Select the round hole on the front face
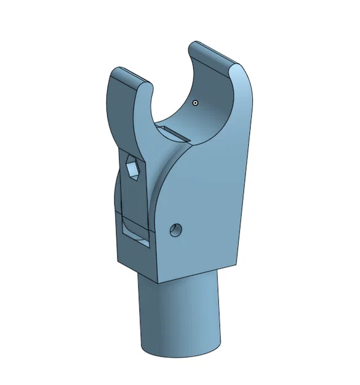[x=176, y=231]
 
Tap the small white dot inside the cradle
[x=195, y=103]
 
